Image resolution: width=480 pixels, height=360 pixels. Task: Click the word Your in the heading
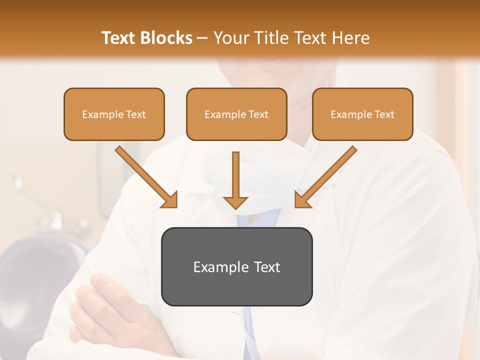[230, 38]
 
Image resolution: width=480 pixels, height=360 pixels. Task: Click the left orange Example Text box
[114, 114]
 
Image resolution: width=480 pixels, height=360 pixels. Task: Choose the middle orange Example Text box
[236, 114]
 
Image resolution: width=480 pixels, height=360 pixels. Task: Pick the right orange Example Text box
[362, 114]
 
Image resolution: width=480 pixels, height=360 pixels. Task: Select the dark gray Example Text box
[236, 266]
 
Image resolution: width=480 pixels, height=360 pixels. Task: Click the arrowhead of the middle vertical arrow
[235, 202]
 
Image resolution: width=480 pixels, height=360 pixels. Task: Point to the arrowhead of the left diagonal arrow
[170, 200]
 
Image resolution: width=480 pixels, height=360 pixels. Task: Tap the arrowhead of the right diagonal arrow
[302, 200]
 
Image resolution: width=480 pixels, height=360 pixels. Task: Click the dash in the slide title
[202, 38]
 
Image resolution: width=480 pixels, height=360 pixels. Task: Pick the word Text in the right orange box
[384, 114]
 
